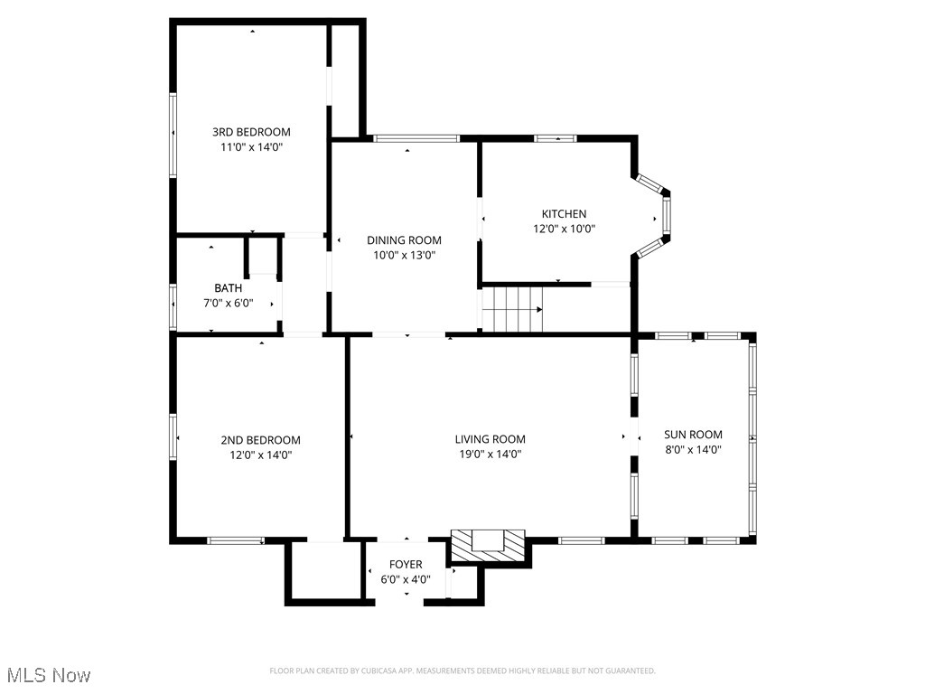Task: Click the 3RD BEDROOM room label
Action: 251,132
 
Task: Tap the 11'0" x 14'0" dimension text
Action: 251,146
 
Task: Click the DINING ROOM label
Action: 404,240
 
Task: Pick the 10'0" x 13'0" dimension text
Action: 404,256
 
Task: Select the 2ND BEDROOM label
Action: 260,440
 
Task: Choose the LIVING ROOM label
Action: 490,439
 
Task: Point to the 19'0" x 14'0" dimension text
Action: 490,455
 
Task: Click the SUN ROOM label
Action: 693,435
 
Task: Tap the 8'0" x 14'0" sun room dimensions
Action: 693,449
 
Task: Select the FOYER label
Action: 406,565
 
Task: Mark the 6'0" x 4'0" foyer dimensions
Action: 406,579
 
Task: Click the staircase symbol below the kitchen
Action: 511,309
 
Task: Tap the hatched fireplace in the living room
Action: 488,543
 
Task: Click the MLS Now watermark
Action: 47,675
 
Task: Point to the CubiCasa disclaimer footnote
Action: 462,671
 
